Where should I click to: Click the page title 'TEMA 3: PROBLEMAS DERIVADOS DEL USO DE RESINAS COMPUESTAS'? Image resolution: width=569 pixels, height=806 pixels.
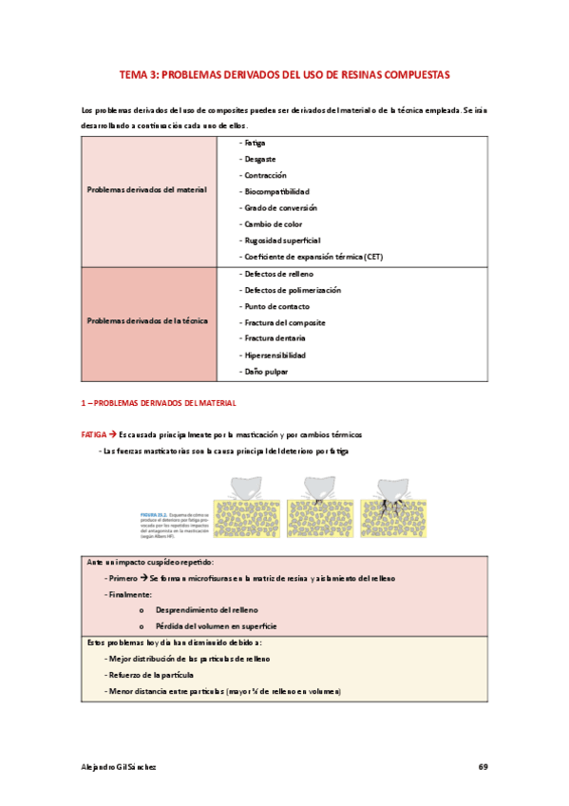coord(284,73)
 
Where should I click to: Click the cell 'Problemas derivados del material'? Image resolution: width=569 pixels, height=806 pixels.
coord(146,190)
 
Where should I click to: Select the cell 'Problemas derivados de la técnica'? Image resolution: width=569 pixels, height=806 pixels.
coord(146,321)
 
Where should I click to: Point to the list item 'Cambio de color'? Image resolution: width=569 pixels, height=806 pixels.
coord(274,223)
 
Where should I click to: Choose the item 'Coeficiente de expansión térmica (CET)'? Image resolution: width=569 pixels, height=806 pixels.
coord(313,257)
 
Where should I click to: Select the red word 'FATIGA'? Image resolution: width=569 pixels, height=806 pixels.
coord(93,433)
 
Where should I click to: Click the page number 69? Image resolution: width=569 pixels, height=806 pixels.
coord(483,766)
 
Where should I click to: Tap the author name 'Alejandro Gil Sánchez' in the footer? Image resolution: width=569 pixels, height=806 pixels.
coord(118,766)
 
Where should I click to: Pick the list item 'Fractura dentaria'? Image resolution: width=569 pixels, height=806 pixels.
coord(275,339)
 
